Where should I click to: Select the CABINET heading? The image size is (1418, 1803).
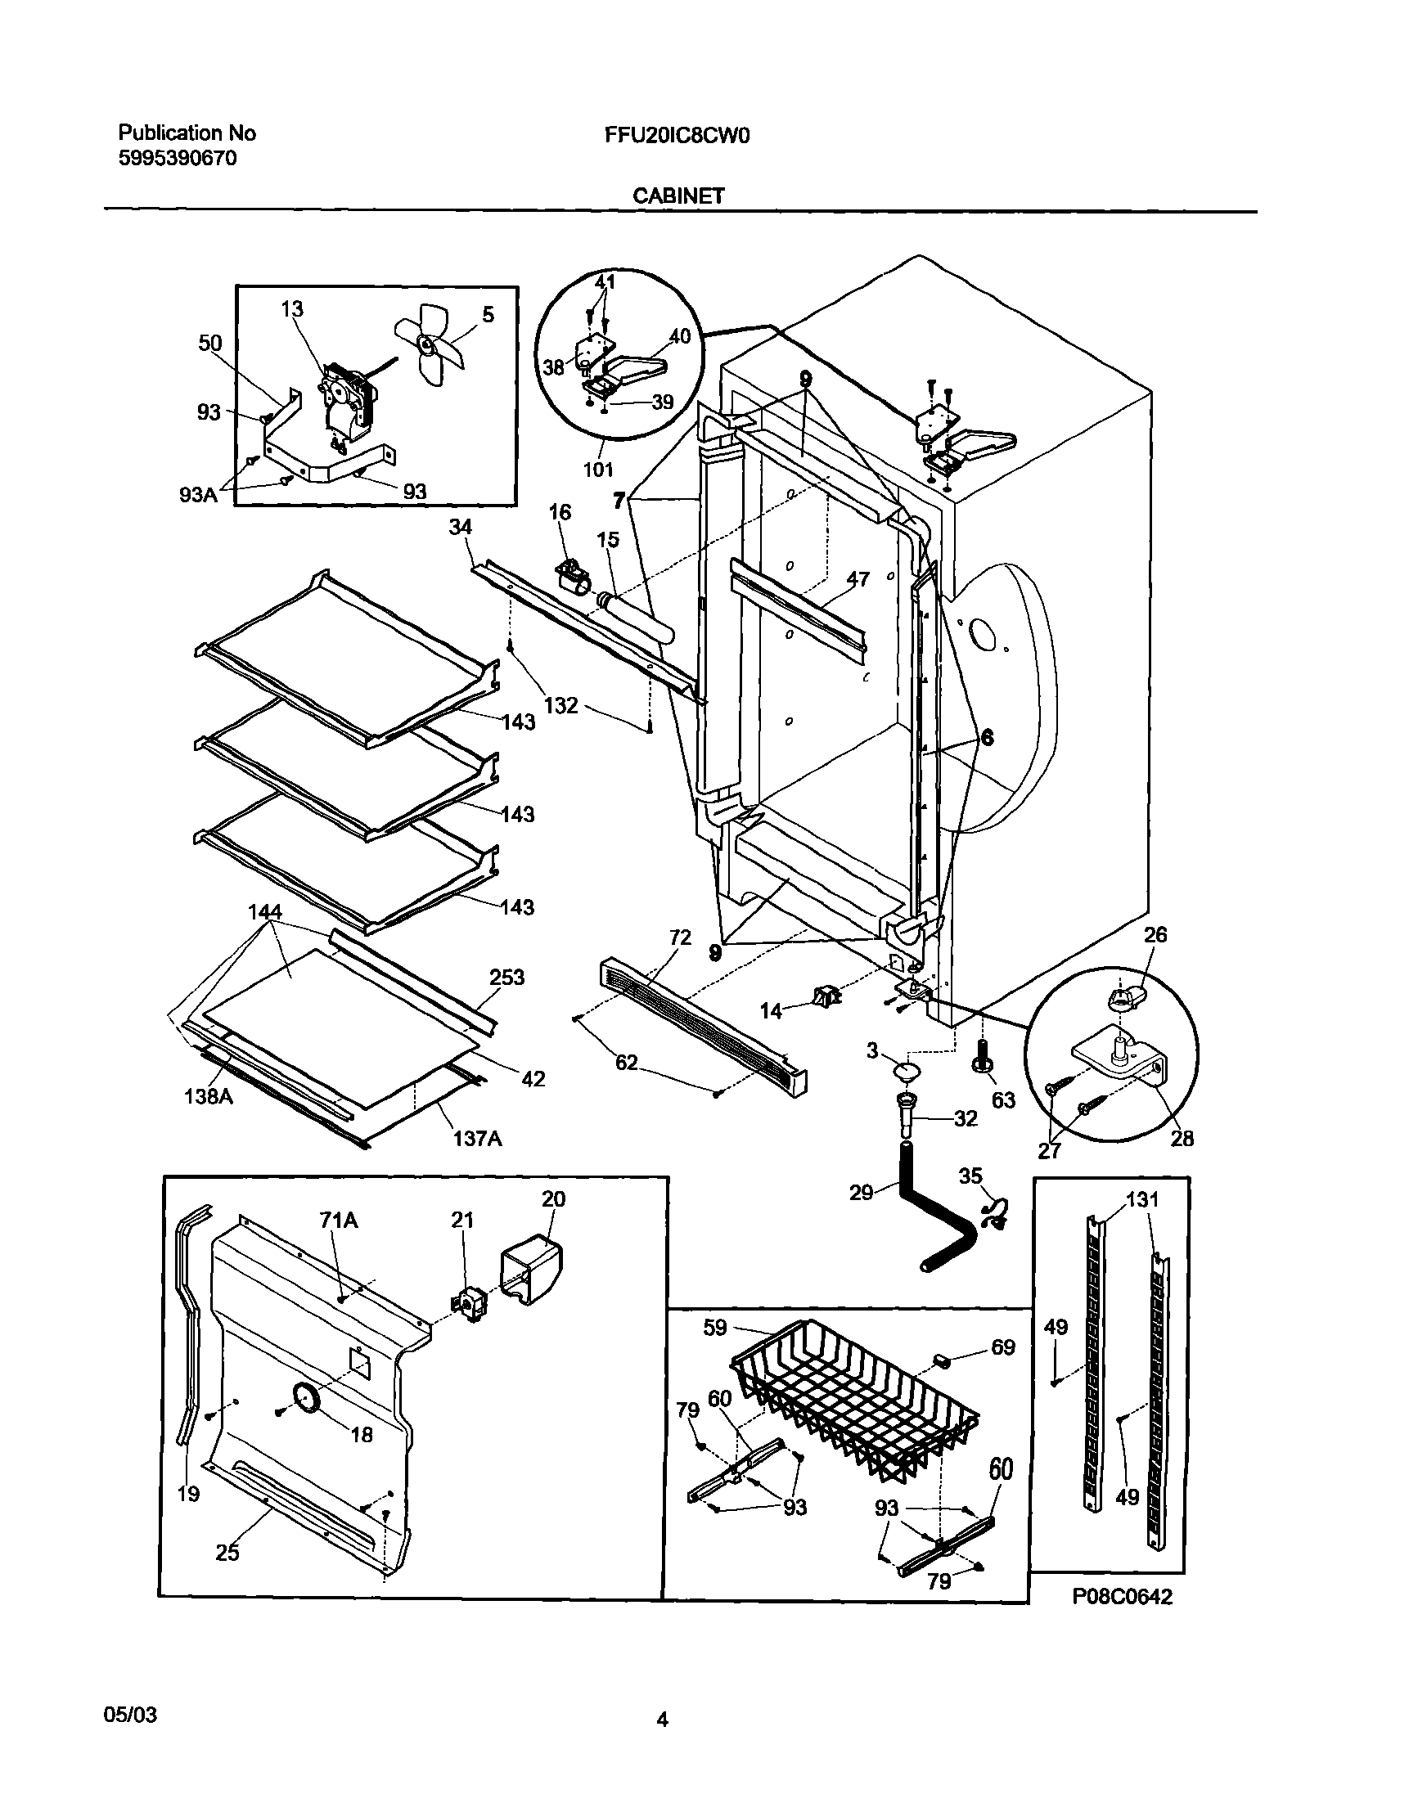678,196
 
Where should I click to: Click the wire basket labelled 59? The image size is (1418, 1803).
855,1402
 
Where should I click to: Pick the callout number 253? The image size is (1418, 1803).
506,977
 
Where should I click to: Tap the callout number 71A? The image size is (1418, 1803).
339,1220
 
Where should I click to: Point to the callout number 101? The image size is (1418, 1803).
598,470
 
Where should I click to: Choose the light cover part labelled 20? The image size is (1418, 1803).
530,1271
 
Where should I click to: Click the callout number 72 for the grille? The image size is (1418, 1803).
680,938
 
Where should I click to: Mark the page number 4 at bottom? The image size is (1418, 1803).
663,1721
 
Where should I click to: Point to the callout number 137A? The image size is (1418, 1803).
477,1139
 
